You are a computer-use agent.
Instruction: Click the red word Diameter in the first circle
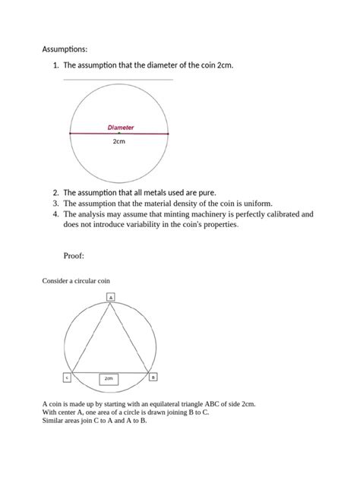click(119, 128)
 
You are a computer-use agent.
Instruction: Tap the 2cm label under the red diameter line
click(119, 141)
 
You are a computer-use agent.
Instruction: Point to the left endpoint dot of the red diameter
click(70, 134)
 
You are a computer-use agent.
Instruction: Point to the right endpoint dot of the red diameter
click(168, 134)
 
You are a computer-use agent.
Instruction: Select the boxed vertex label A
click(111, 296)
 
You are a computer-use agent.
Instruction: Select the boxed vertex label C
click(67, 377)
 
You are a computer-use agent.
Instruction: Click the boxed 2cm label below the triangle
click(109, 377)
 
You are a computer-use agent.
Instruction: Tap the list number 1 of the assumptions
click(55, 66)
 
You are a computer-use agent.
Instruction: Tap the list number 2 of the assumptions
click(55, 193)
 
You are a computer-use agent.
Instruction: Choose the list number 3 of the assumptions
click(55, 204)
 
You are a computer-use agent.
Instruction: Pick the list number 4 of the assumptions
click(55, 214)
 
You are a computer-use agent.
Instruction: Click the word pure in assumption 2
click(204, 193)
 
